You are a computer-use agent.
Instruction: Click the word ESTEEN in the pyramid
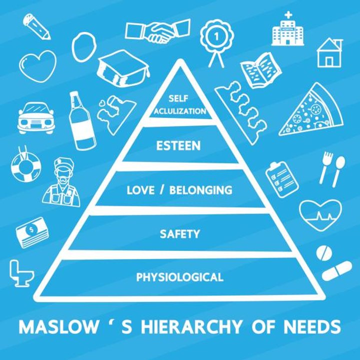(178, 145)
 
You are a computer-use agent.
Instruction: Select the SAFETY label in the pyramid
(180, 234)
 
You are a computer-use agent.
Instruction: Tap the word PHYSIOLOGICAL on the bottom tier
(180, 277)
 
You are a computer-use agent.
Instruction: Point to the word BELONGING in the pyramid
(201, 190)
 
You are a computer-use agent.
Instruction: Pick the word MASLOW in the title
(58, 326)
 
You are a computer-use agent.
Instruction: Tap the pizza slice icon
(312, 110)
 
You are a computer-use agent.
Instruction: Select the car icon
(36, 118)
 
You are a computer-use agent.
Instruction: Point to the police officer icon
(61, 182)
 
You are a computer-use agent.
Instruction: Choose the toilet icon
(21, 273)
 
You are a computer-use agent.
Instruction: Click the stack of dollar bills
(32, 232)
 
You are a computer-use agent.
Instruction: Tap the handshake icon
(158, 31)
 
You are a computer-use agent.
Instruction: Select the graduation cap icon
(123, 68)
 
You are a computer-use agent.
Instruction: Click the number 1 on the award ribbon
(216, 36)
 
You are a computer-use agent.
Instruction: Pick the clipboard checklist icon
(282, 179)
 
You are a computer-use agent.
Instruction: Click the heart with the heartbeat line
(320, 215)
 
